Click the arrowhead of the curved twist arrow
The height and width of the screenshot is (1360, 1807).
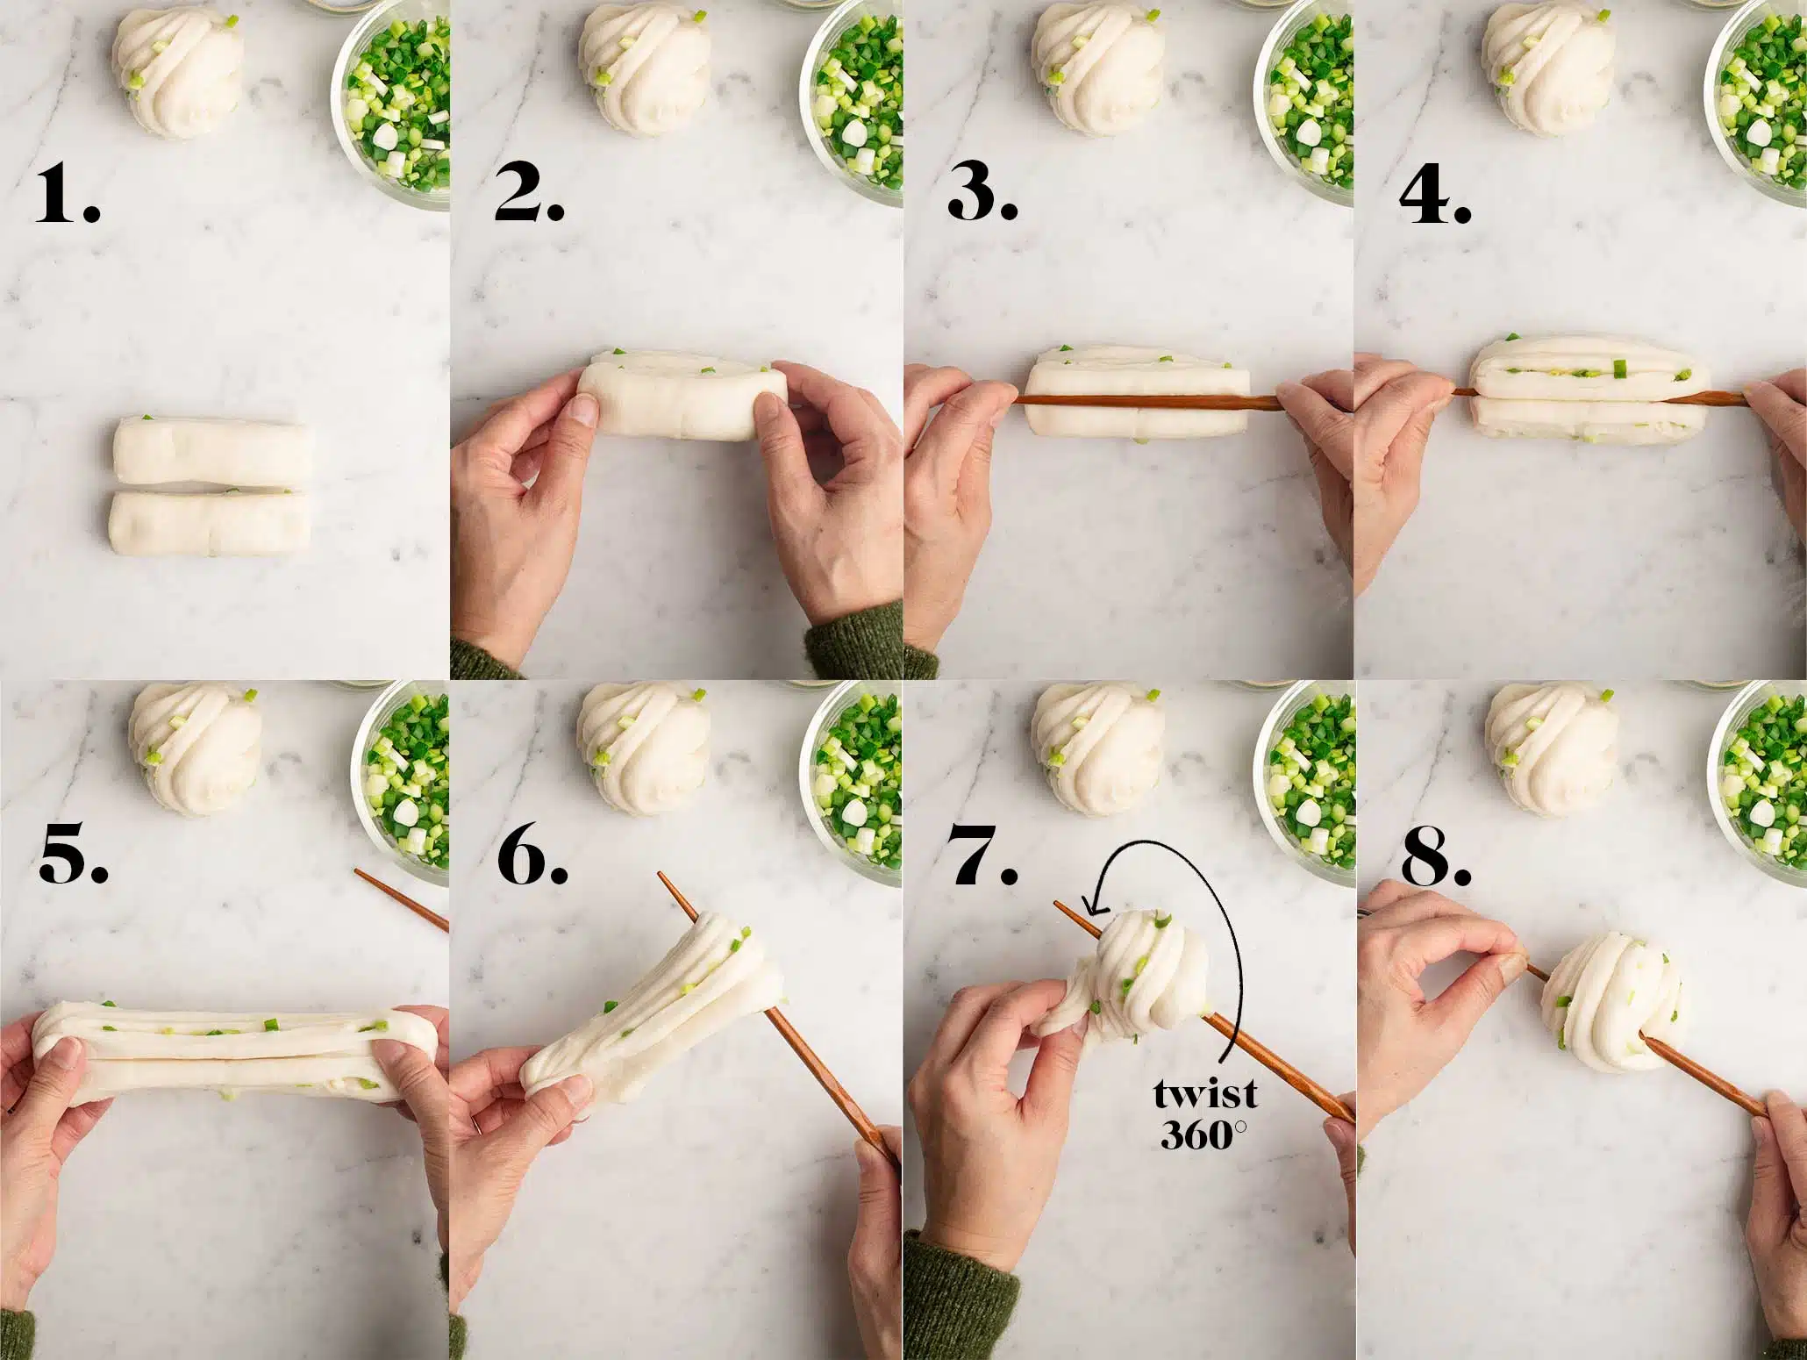click(1090, 905)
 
